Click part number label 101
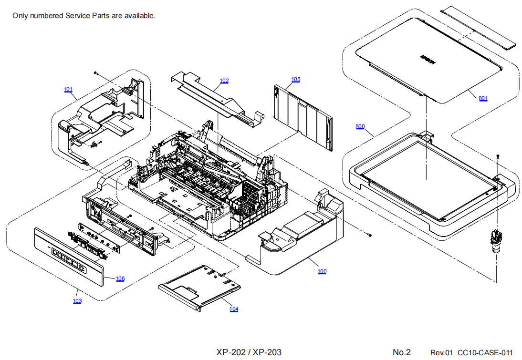point(68,89)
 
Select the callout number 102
point(224,81)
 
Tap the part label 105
point(296,79)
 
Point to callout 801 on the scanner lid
point(483,98)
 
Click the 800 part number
point(360,126)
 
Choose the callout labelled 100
point(322,271)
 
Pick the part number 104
point(233,309)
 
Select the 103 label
point(77,301)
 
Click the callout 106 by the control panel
point(120,278)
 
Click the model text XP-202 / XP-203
point(249,352)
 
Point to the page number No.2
point(401,352)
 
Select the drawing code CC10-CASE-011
point(485,353)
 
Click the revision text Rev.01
point(441,353)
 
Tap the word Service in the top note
point(79,16)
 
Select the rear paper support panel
point(303,114)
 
